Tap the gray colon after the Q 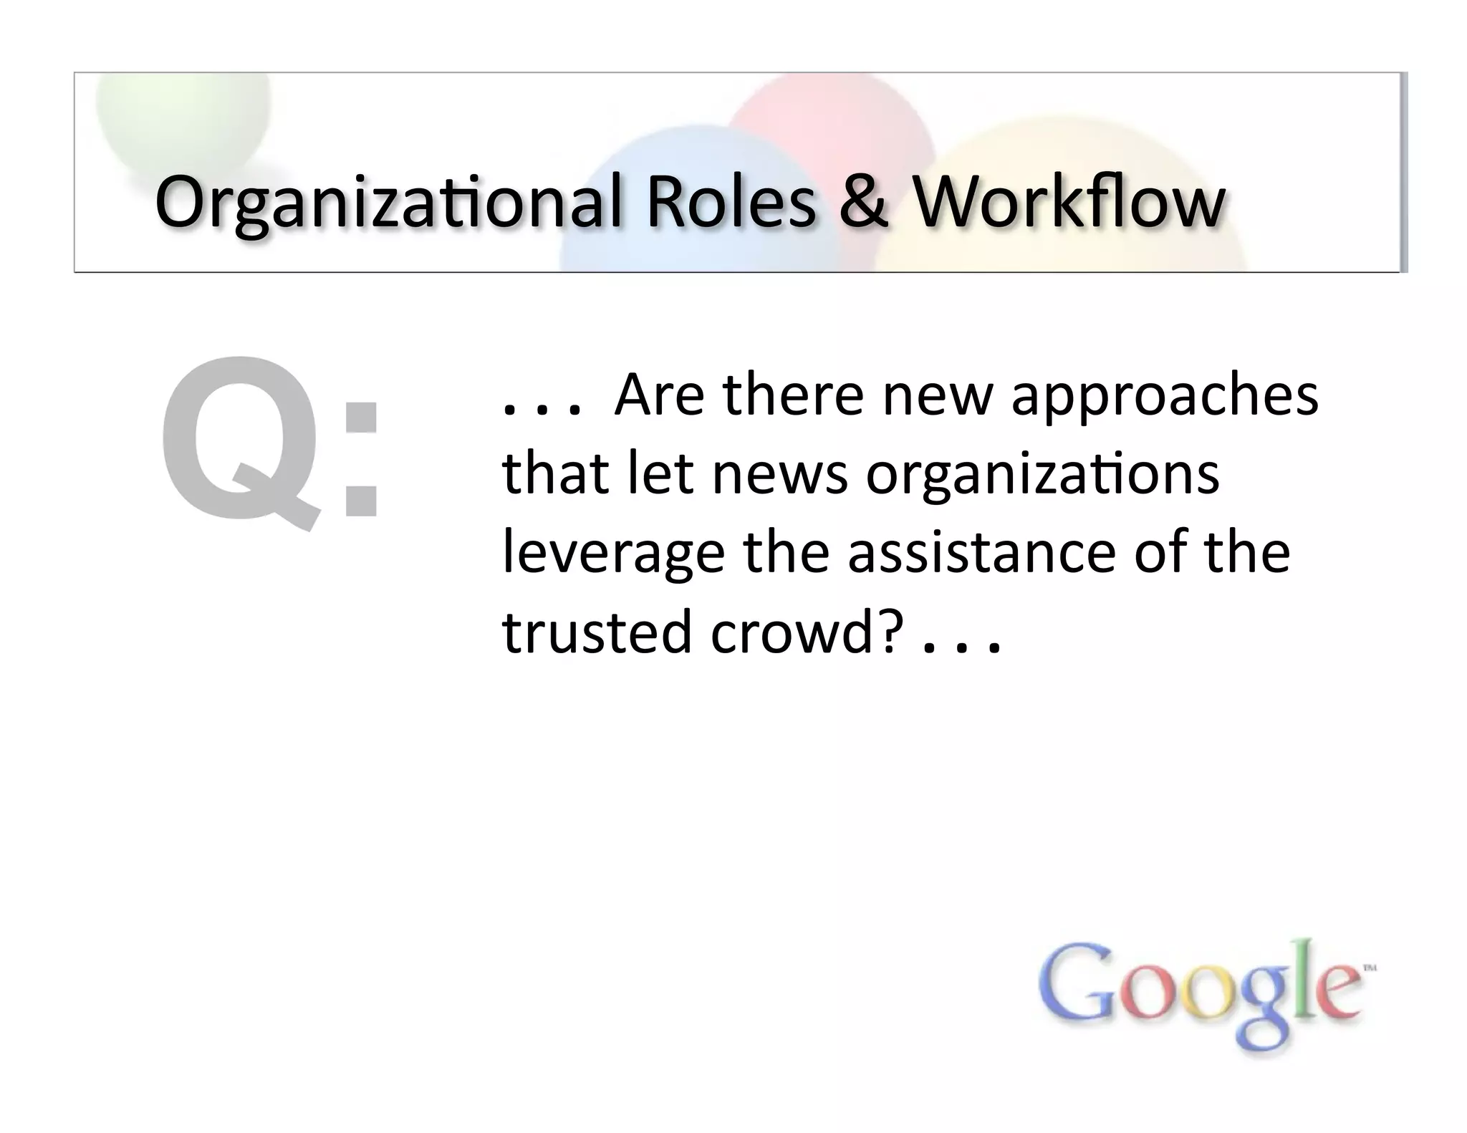click(361, 458)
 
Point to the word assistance click(981, 553)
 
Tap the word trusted click(597, 632)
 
